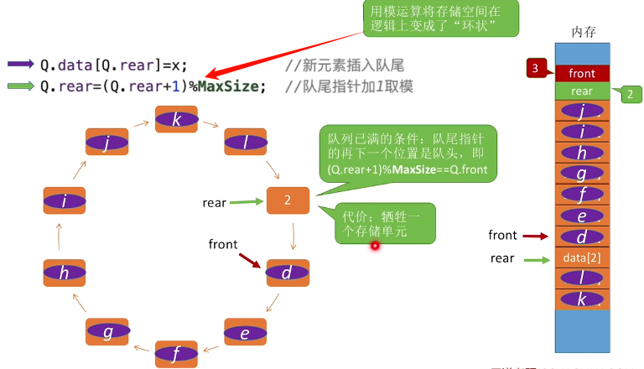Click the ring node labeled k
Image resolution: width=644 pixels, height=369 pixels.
[176, 119]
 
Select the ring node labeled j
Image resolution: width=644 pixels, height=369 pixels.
[108, 143]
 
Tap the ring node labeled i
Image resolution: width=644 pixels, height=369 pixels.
[65, 201]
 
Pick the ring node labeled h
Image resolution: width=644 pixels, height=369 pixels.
[65, 273]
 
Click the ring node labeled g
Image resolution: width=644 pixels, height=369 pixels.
[107, 332]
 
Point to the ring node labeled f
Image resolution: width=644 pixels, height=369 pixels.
[176, 354]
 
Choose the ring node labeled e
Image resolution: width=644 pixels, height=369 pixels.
[245, 332]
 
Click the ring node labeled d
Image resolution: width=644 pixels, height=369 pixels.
[288, 273]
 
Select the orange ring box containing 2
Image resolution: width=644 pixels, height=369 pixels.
[288, 201]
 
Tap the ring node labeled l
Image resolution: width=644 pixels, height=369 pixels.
[245, 143]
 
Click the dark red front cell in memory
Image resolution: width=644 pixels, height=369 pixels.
[582, 73]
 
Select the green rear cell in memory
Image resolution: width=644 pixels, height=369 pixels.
[582, 91]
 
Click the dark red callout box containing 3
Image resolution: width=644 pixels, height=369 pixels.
[538, 67]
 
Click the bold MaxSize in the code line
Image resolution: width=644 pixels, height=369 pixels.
[227, 86]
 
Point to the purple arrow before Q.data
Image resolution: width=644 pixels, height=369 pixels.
[20, 64]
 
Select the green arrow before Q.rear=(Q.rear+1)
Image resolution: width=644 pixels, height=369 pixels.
[20, 86]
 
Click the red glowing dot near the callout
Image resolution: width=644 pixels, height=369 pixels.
[375, 246]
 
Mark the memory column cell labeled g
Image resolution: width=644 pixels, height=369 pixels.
[582, 174]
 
